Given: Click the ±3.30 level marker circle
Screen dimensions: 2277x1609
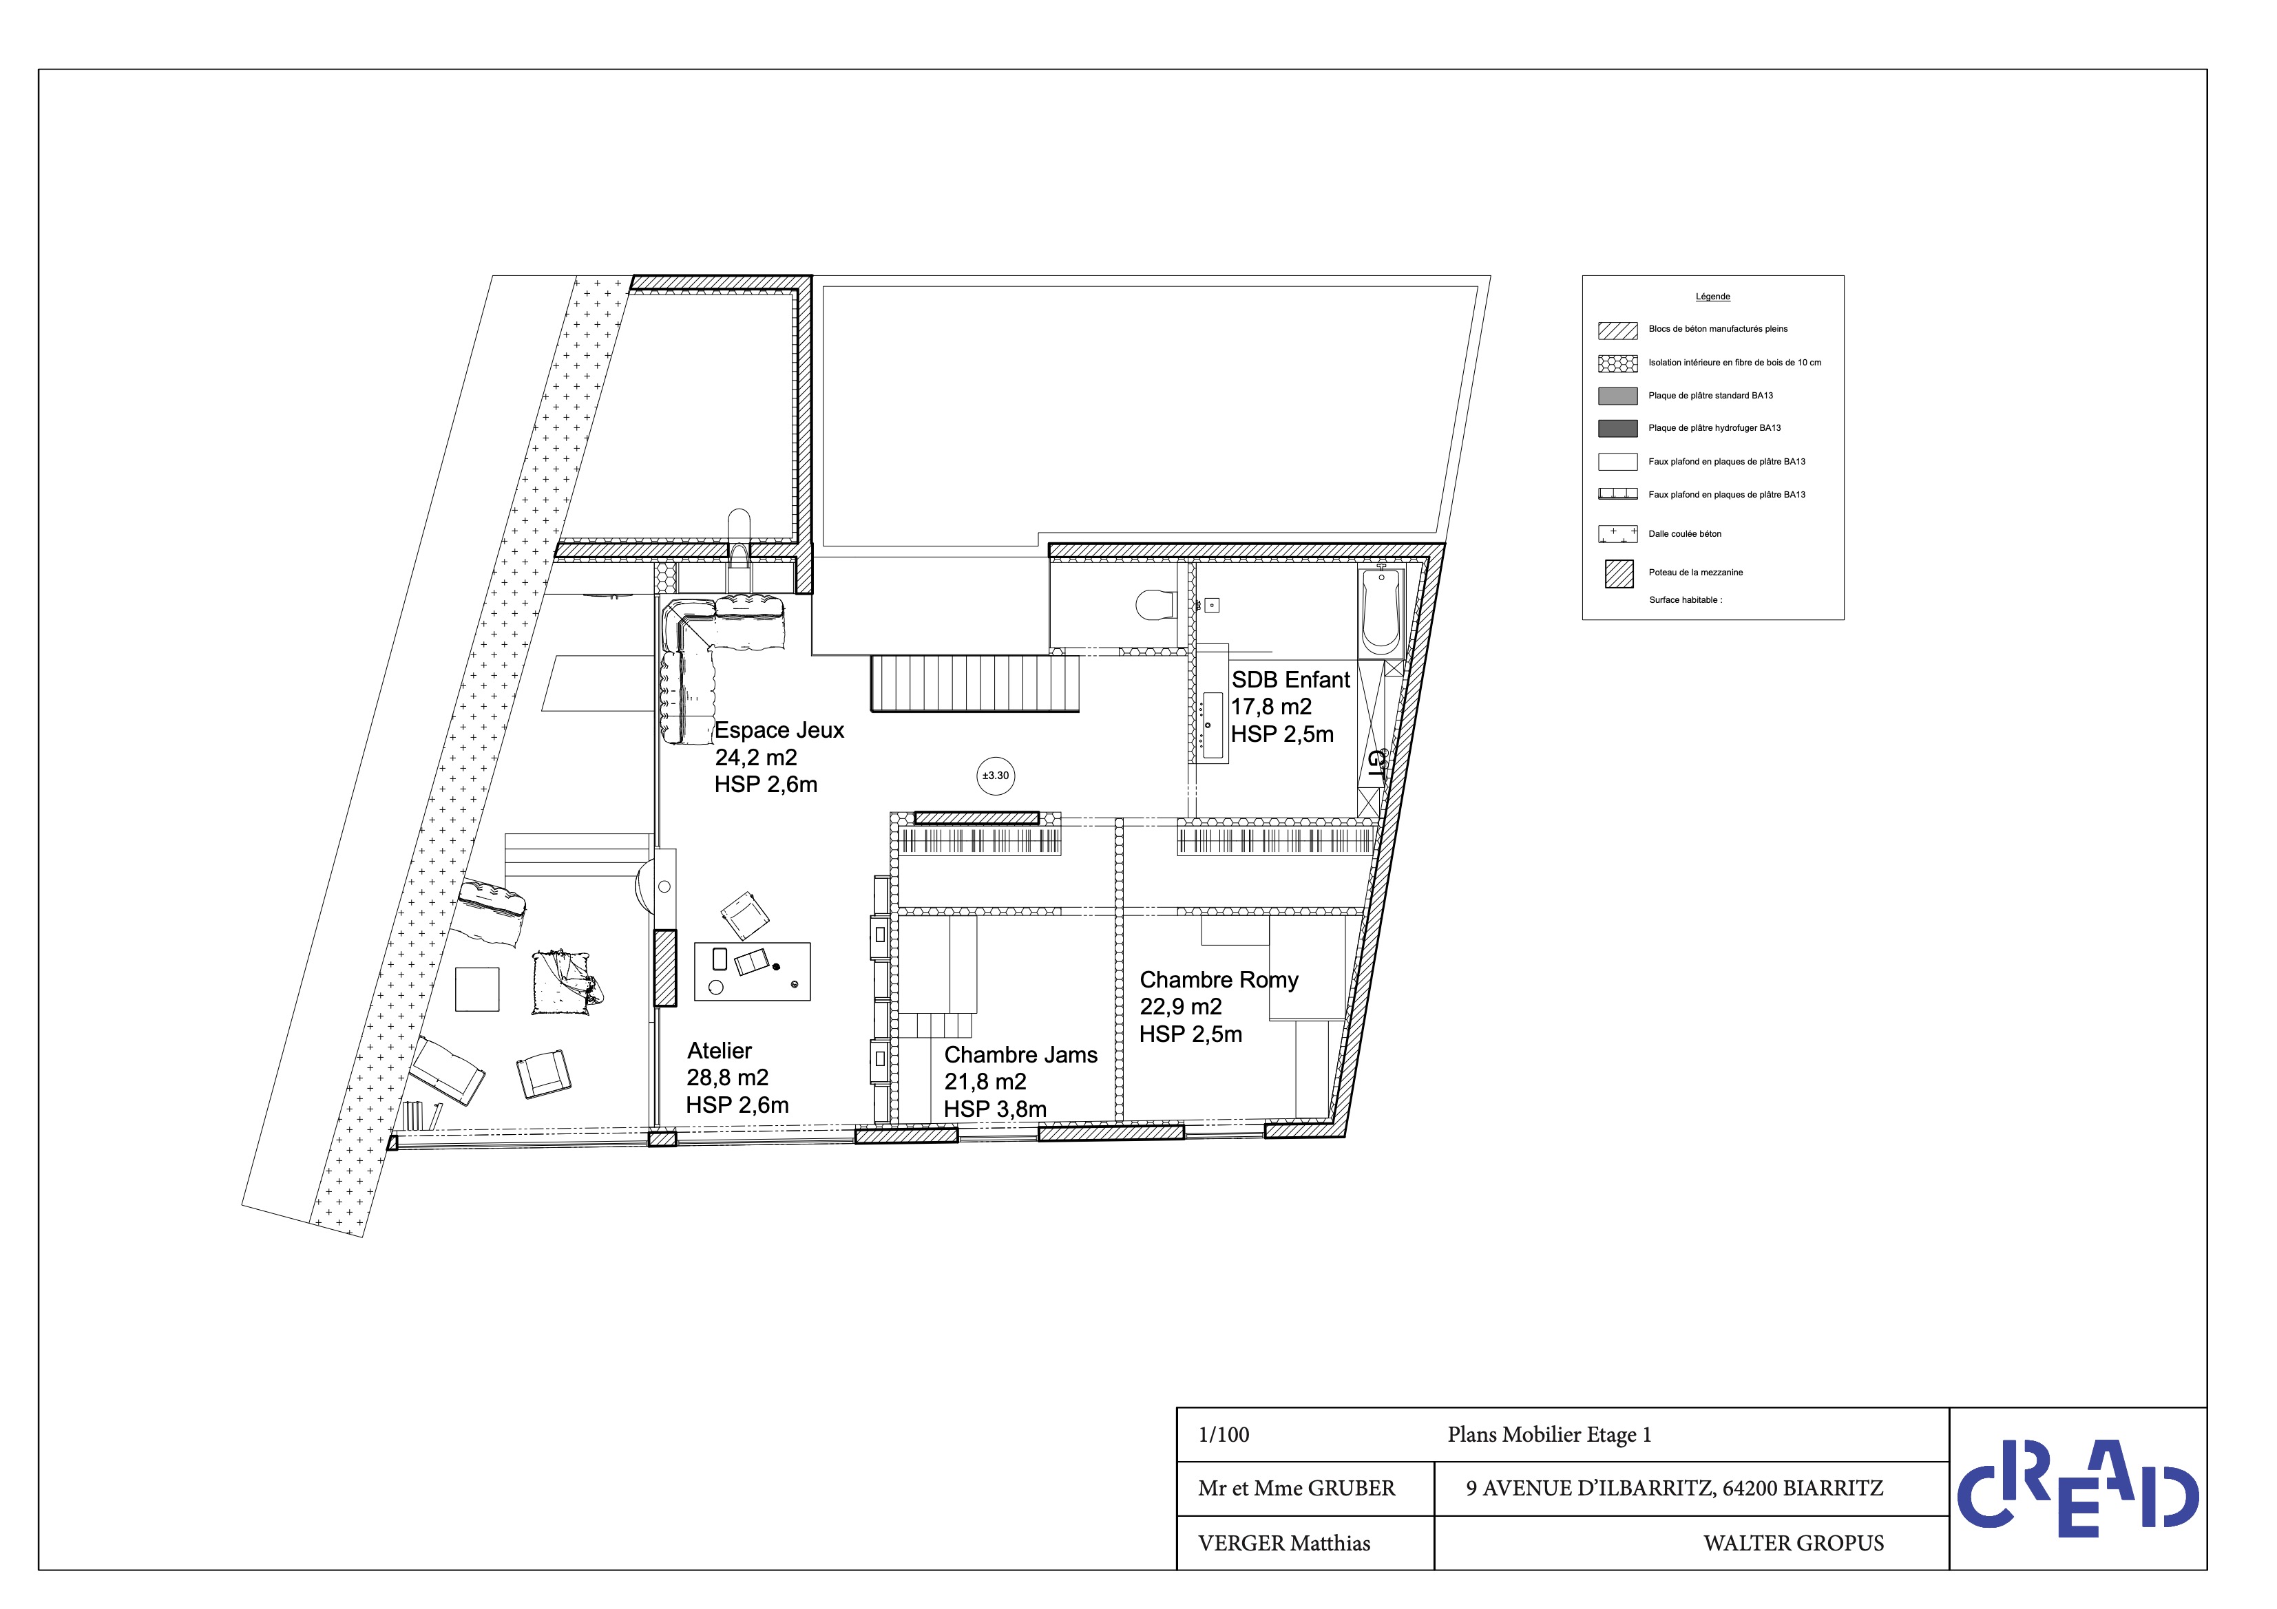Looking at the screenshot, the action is (995, 776).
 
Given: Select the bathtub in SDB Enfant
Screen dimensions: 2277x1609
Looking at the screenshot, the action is (1381, 612).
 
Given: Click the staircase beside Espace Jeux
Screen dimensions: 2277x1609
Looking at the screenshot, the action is (975, 683).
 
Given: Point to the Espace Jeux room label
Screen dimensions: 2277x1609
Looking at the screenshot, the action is (779, 731).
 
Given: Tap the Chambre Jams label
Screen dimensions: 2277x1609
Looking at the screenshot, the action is (1020, 1055).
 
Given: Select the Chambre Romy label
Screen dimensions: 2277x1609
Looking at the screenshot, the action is (1219, 979).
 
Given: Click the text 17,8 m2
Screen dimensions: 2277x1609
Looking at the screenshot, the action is (1272, 707).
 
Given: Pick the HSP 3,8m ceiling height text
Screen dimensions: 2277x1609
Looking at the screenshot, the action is (995, 1109).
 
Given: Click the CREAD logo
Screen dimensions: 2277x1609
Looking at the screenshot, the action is (2077, 1488).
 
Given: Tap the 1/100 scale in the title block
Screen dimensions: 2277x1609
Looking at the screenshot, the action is (1224, 1434).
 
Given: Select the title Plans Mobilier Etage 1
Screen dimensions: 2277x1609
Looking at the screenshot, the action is (1549, 1434).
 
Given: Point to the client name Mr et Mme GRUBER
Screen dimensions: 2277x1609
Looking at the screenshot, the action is (1297, 1488).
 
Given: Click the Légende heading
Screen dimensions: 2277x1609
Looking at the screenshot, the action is (1712, 297).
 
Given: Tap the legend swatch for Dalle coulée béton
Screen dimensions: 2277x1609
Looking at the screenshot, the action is (1617, 534).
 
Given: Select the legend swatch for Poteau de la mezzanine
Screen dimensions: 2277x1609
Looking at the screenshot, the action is (1619, 574).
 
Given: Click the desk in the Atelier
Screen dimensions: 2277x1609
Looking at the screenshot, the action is (752, 970).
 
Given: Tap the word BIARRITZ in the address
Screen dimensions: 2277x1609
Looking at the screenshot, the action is (1833, 1488).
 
